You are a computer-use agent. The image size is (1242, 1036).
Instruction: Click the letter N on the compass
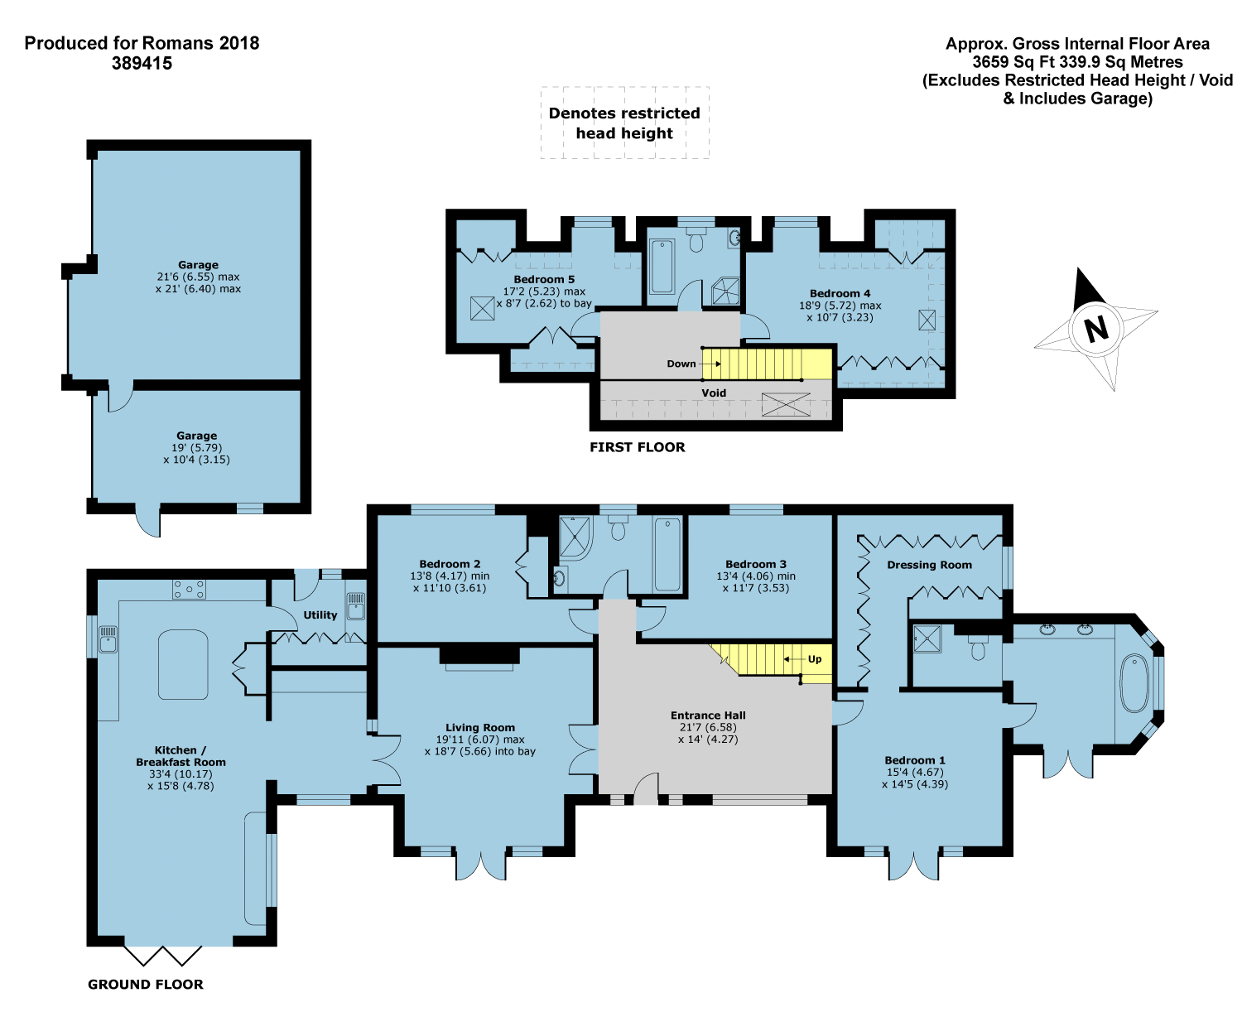click(x=1095, y=328)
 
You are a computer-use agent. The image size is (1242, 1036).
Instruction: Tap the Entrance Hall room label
click(x=707, y=716)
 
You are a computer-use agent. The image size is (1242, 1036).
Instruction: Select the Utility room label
click(x=320, y=615)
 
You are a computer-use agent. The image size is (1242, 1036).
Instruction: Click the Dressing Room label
click(x=929, y=565)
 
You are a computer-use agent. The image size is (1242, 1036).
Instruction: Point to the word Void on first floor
click(x=713, y=393)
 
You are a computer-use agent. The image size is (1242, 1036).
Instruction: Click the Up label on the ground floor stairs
click(x=814, y=659)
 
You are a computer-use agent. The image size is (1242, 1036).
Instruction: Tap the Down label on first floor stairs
click(x=681, y=364)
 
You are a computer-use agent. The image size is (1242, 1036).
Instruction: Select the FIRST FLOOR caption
click(x=637, y=447)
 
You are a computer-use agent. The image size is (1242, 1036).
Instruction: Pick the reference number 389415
click(x=142, y=63)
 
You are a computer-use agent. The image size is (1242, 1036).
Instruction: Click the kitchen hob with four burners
click(x=189, y=590)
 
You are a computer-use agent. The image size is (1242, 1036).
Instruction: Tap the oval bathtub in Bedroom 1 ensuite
click(x=1134, y=682)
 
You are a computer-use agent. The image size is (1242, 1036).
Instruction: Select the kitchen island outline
click(x=183, y=665)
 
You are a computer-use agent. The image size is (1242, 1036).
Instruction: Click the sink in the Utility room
click(x=356, y=605)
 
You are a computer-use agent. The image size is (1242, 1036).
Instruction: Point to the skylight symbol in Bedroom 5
click(x=482, y=308)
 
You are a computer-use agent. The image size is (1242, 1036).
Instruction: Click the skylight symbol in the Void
click(x=786, y=404)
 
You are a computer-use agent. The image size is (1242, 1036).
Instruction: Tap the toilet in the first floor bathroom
click(x=696, y=239)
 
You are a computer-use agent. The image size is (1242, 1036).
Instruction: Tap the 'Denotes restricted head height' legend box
click(x=624, y=123)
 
